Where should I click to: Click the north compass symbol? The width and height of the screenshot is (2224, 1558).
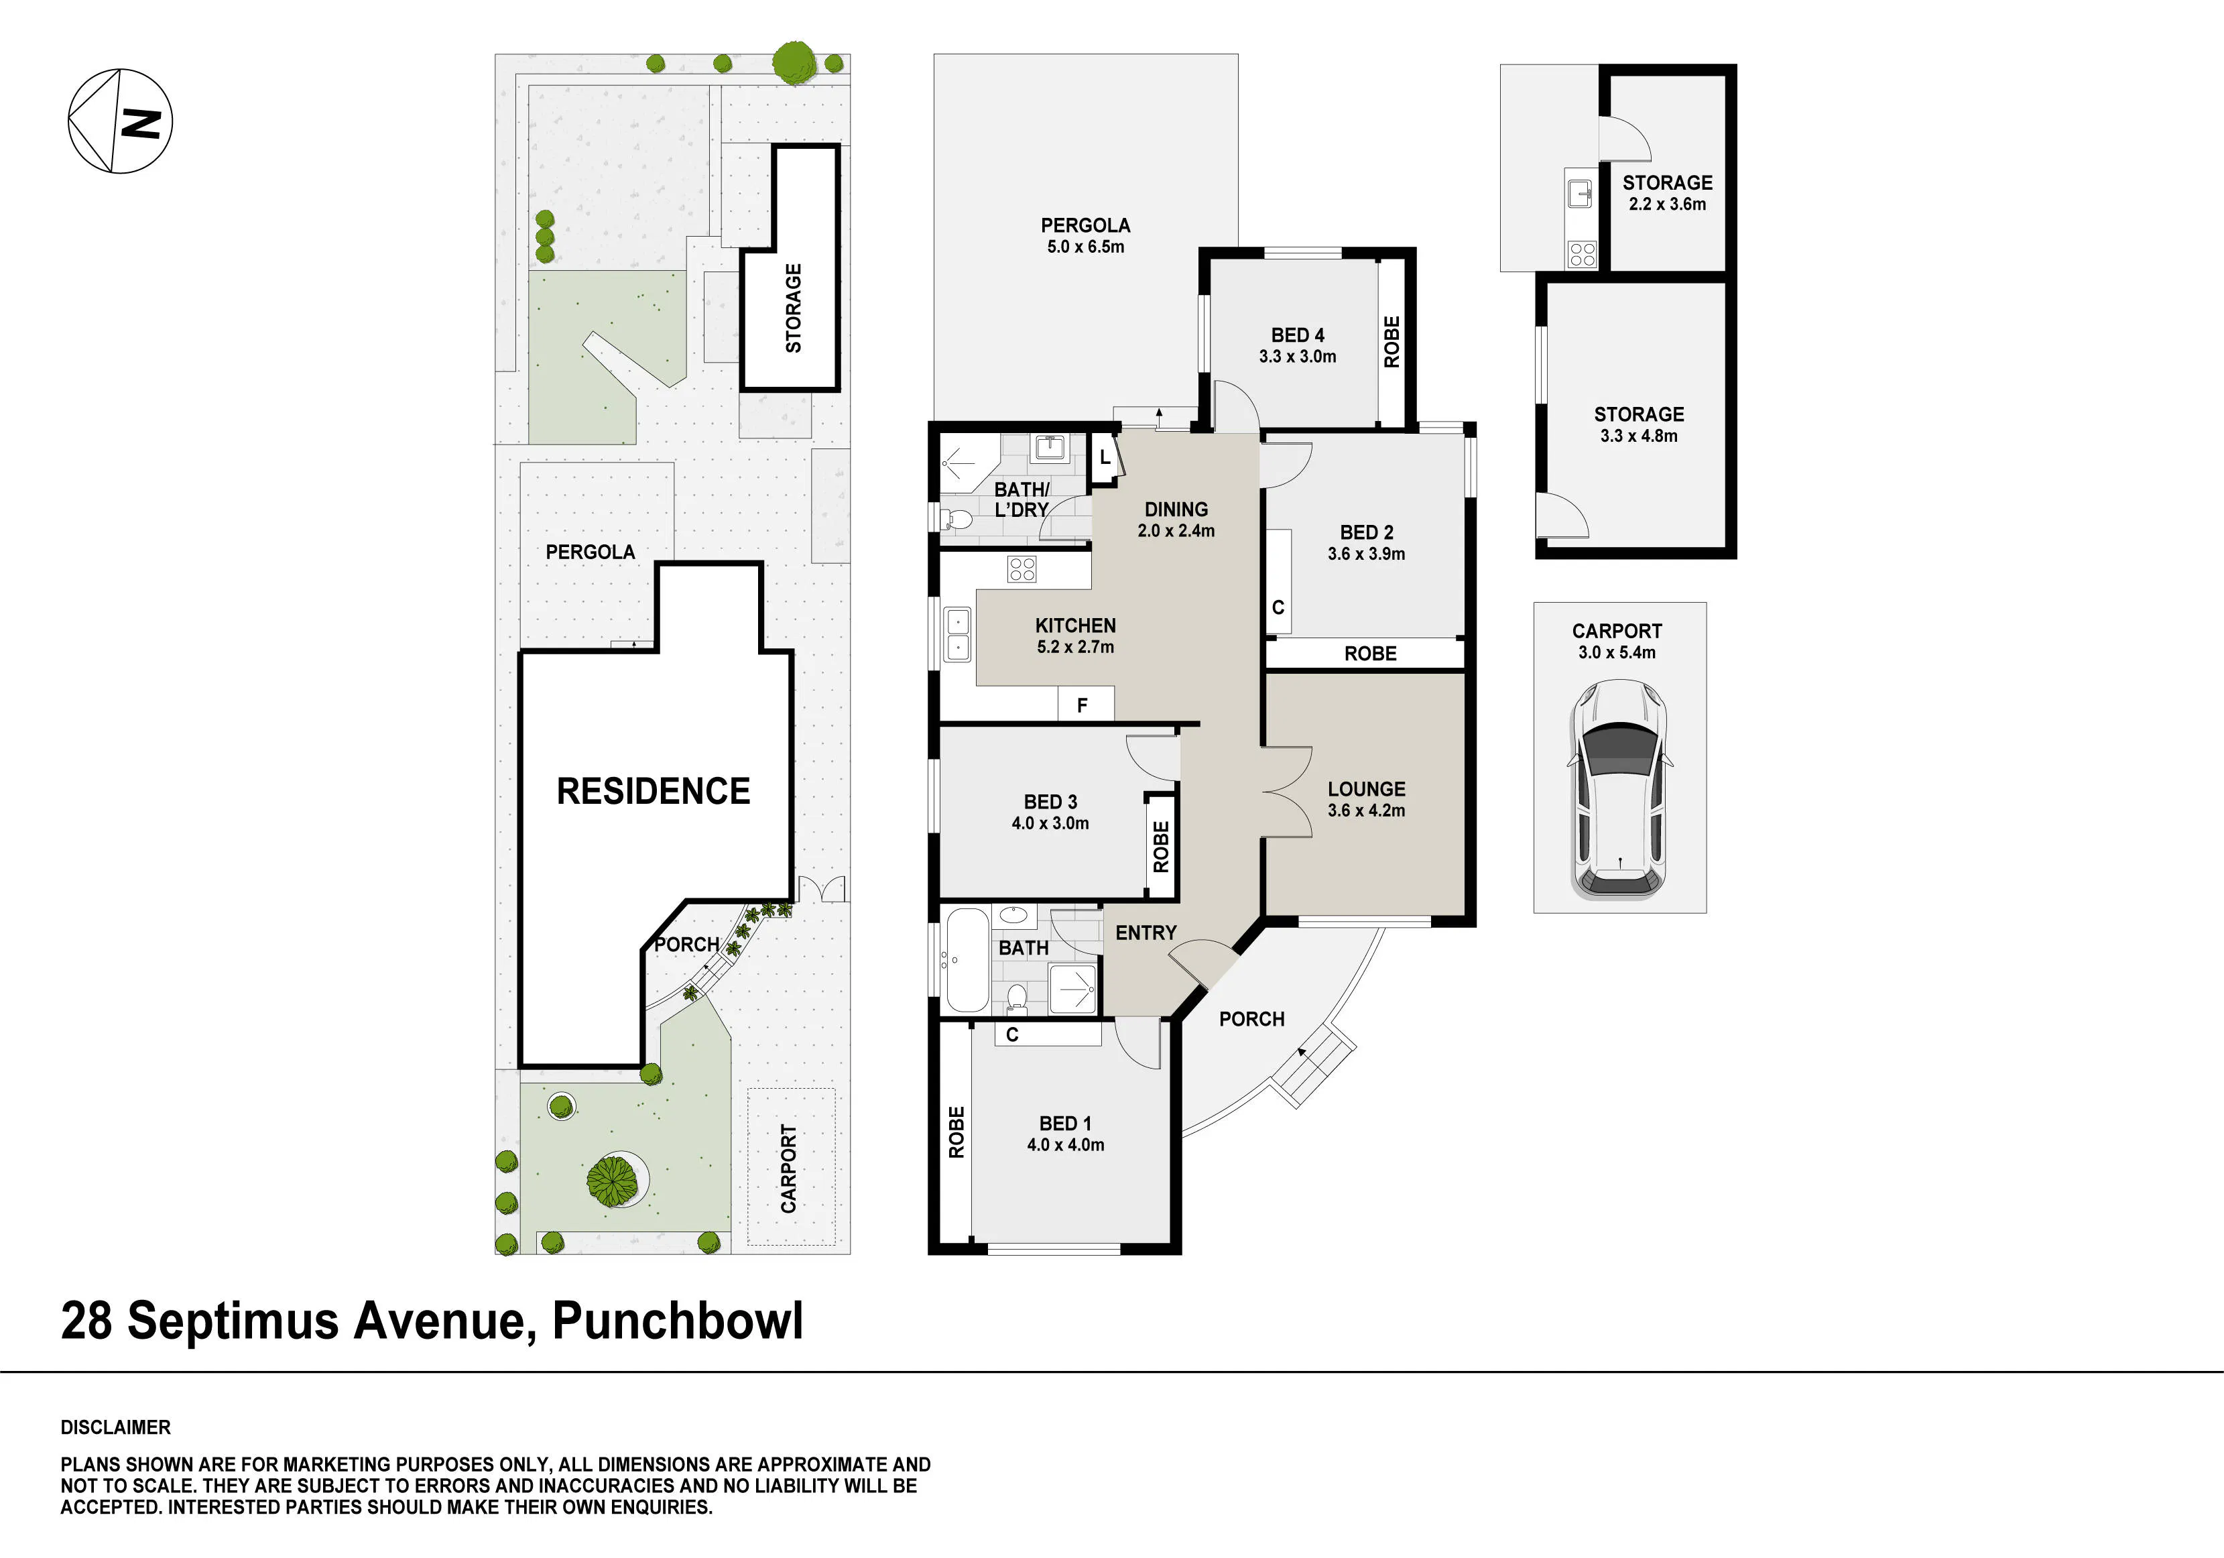120,121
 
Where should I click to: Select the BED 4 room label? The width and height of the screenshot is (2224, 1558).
1297,335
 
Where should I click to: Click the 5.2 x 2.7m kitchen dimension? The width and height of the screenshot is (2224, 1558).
1075,647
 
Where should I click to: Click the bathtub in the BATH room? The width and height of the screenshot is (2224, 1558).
966,959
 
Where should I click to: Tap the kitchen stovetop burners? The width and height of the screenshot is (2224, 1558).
1022,568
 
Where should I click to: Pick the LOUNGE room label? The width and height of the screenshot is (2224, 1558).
1366,788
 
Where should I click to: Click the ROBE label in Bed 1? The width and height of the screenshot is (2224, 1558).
956,1132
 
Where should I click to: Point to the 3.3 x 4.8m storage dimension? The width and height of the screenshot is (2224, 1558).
1638,436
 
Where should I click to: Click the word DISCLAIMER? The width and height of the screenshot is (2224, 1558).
115,1427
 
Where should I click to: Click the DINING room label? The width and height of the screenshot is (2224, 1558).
1176,510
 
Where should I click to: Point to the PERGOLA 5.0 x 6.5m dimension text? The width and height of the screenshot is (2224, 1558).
1085,247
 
